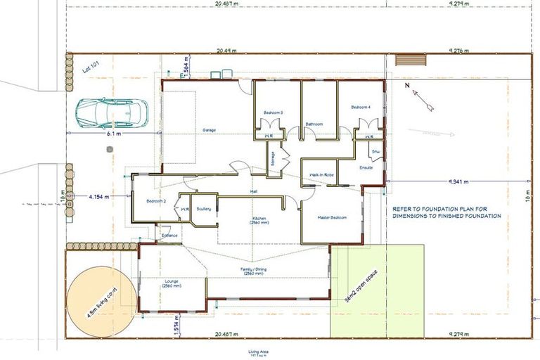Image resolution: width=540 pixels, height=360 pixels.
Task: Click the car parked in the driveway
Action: (x=112, y=112)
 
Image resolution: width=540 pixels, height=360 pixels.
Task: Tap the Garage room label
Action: (x=209, y=130)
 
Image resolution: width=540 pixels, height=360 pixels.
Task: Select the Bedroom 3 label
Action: (x=274, y=112)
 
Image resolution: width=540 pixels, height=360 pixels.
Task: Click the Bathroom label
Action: (x=314, y=124)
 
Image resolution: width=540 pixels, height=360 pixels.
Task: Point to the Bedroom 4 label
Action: (x=360, y=107)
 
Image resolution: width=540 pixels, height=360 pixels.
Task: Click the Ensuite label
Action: (x=366, y=168)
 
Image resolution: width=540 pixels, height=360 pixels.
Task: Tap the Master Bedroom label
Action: (x=332, y=218)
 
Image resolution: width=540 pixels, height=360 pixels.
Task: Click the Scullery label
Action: (x=205, y=209)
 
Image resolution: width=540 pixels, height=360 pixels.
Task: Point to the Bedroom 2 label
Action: (x=156, y=201)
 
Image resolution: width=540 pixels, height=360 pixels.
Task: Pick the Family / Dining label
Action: (x=253, y=270)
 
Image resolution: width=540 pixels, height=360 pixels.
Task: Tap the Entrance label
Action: (x=169, y=236)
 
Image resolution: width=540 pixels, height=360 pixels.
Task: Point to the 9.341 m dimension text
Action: (x=461, y=181)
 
